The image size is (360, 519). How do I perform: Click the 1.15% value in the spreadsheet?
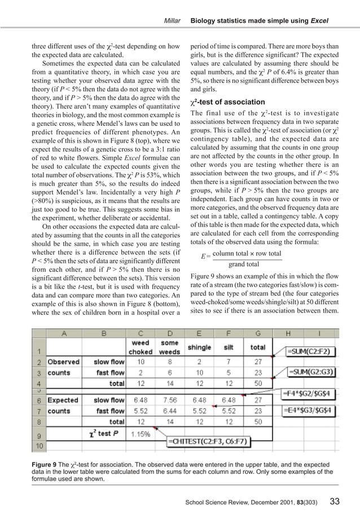[141, 434]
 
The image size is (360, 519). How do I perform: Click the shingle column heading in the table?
[199, 348]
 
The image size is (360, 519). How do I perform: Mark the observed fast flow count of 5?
[229, 372]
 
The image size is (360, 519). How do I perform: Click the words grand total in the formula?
[244, 264]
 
